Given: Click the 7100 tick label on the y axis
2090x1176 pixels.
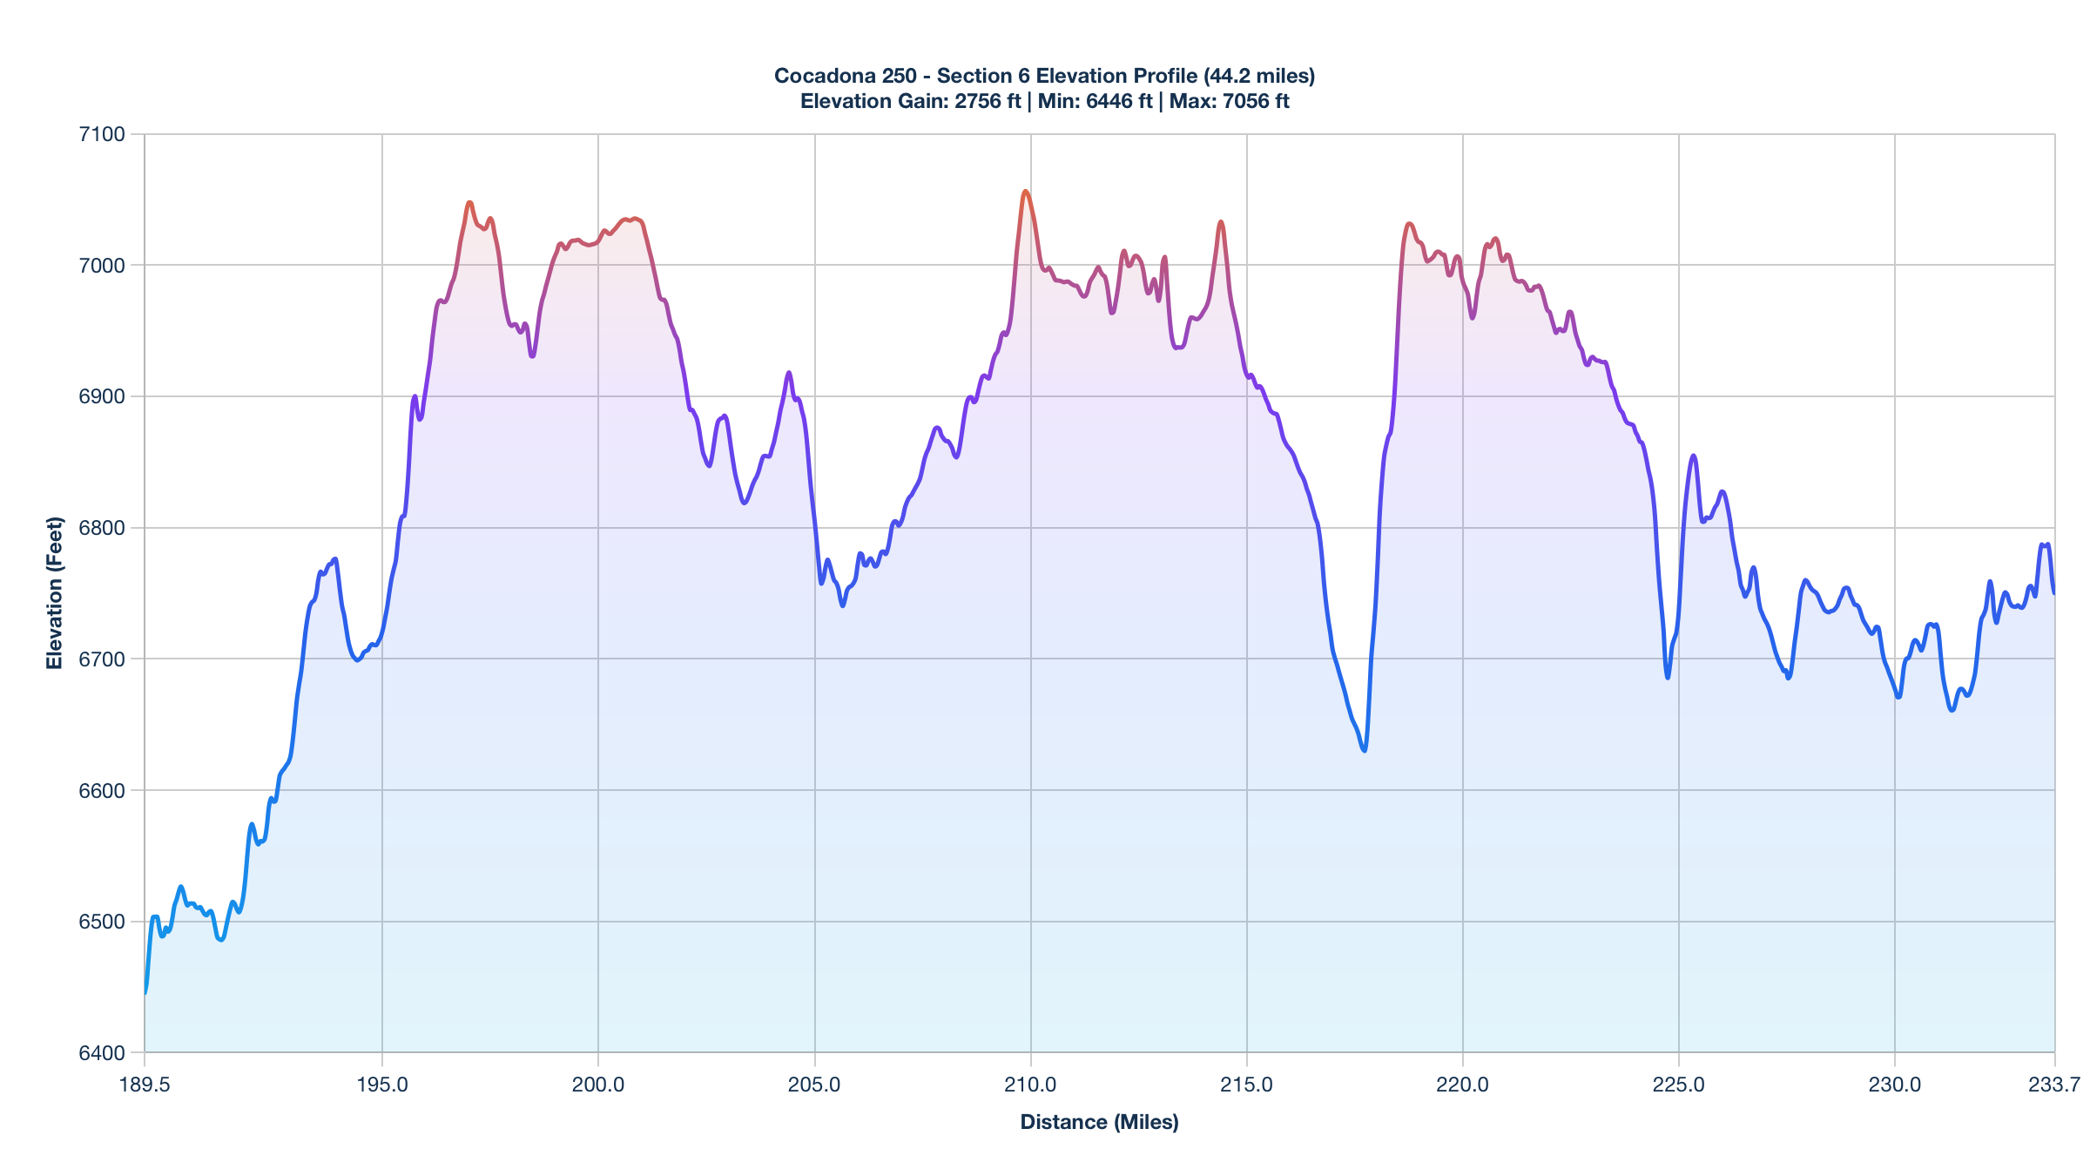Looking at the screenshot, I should [102, 134].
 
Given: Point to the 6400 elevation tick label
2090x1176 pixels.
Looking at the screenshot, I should [102, 1053].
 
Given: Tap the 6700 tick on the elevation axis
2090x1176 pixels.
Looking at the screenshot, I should [102, 659].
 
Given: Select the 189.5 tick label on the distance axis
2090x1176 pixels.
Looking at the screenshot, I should [145, 1085].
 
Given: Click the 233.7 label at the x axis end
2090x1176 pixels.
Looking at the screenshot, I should [2054, 1085].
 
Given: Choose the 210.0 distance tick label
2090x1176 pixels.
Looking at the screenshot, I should [1030, 1085].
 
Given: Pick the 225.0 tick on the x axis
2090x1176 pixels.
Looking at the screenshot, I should [1678, 1085].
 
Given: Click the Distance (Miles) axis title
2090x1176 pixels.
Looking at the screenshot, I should [1099, 1122].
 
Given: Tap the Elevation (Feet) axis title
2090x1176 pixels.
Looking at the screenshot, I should [55, 593].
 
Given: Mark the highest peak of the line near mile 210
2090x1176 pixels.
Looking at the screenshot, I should [1025, 191].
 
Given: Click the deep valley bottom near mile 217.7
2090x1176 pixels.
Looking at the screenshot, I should [1364, 750].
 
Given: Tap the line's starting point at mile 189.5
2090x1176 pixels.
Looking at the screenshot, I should [145, 992].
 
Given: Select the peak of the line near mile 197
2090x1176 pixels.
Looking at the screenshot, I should [469, 202].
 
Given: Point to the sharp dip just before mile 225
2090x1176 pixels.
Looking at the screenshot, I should [1667, 678].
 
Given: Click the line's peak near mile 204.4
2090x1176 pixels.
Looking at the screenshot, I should [789, 373].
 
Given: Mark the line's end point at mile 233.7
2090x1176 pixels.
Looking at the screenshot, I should [2053, 593].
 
